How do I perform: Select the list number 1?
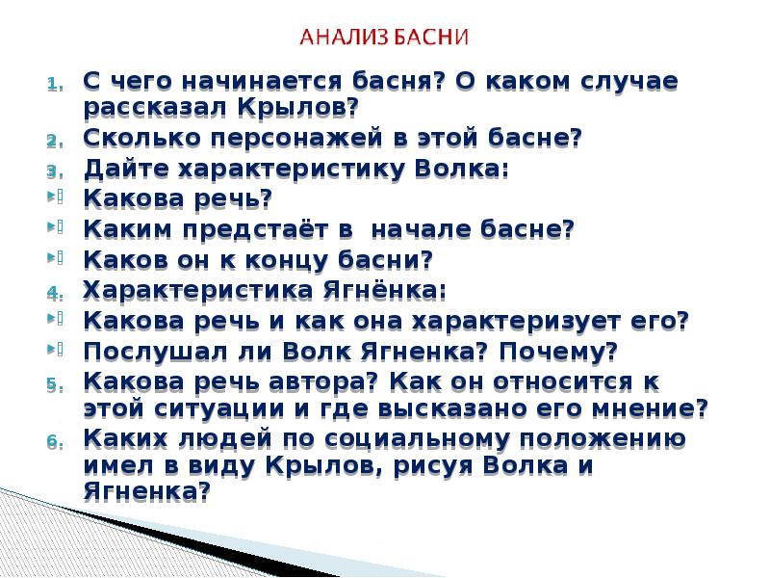click(55, 84)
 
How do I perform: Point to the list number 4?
click(55, 292)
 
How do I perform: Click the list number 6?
click(55, 444)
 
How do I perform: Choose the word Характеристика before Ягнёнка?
click(201, 290)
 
